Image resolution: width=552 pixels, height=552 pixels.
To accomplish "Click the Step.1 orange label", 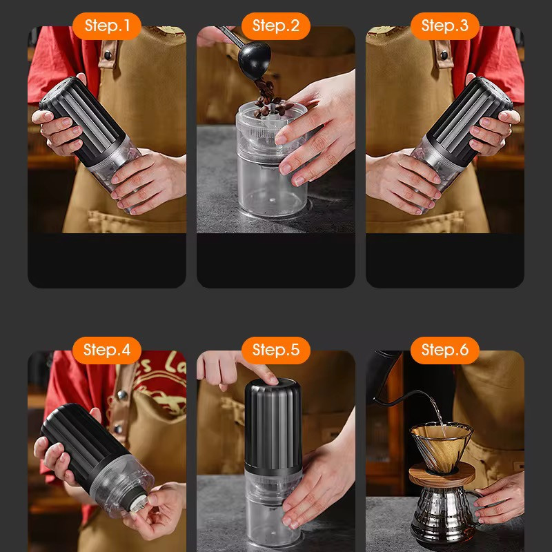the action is [107, 26].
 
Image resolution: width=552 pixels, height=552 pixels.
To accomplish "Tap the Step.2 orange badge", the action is [275, 26].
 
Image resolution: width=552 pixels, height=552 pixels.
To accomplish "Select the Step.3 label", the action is [444, 26].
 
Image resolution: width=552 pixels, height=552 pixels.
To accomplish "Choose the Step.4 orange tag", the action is [107, 350].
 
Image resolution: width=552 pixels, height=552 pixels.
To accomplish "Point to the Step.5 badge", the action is [275, 350].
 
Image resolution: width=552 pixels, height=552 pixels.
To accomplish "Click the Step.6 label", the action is [444, 350].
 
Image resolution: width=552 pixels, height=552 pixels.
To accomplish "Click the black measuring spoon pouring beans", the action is [252, 58].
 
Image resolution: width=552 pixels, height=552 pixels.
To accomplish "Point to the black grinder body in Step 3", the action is [469, 119].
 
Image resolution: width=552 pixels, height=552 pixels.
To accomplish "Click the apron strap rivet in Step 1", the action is [108, 55].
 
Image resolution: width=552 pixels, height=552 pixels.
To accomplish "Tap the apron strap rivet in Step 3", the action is [444, 55].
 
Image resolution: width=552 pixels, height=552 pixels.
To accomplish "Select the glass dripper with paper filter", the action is [442, 448].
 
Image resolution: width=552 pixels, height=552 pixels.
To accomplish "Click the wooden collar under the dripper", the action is [442, 475].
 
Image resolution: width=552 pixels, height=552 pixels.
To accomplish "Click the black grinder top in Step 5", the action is [273, 426].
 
